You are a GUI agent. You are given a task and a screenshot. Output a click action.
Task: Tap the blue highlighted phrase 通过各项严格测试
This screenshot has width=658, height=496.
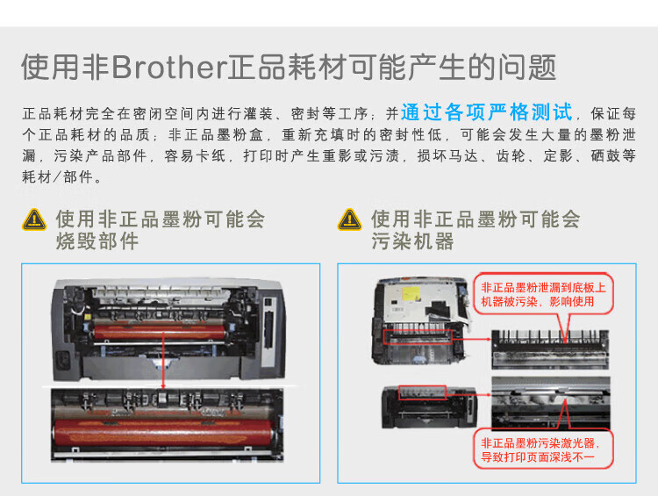point(487,112)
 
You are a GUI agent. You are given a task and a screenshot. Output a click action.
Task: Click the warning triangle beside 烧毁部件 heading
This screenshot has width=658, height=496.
point(35,219)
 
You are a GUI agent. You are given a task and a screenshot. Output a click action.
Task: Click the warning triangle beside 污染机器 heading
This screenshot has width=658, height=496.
point(350,219)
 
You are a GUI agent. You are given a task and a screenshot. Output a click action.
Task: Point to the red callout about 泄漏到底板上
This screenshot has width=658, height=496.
point(544,294)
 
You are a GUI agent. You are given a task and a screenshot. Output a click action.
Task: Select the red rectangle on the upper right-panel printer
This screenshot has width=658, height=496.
point(418,336)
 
